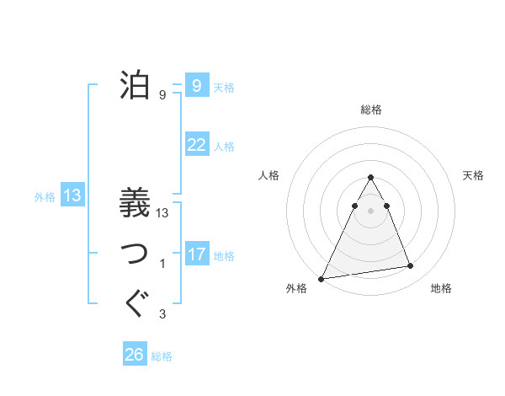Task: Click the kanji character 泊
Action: pos(136,85)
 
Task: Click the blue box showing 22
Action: pos(197,145)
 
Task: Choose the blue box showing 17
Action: pos(197,254)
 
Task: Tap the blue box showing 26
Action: pos(135,355)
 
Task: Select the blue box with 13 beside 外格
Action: pos(72,196)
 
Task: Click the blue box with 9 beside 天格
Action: pos(197,86)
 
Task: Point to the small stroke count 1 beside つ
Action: pos(162,265)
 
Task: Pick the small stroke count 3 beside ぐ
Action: pos(162,315)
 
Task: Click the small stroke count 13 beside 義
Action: pos(162,214)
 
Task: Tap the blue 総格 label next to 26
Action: pos(162,356)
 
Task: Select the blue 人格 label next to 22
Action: pos(224,147)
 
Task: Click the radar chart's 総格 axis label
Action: pos(370,110)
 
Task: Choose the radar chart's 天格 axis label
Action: pos(474,175)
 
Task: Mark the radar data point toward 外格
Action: pos(322,278)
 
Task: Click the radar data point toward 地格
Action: pos(411,266)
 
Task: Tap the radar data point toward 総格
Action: pos(370,178)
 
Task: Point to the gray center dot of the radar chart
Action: pos(370,210)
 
